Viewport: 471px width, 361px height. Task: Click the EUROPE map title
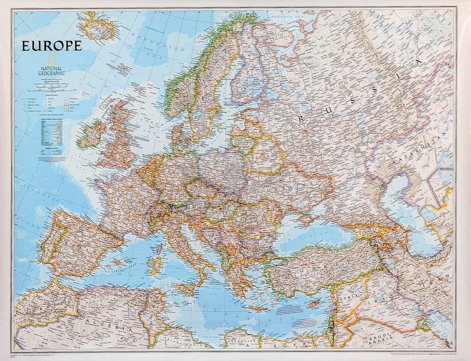pos(51,45)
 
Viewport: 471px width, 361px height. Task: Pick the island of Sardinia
pos(157,265)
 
